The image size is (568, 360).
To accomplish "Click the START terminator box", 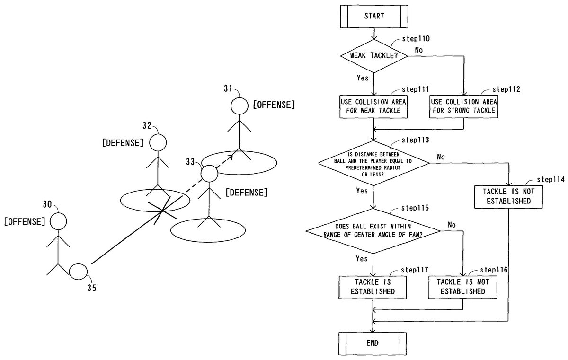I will (374, 16).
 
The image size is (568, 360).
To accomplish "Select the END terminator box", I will (373, 342).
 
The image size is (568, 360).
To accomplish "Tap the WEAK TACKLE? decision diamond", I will (374, 56).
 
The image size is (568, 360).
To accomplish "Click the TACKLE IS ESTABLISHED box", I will (373, 287).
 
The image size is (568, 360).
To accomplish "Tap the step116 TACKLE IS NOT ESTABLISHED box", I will (463, 287).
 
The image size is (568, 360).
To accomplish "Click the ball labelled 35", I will (78, 272).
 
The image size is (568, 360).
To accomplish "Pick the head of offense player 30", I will (58, 221).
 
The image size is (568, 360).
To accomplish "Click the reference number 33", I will (190, 162).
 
